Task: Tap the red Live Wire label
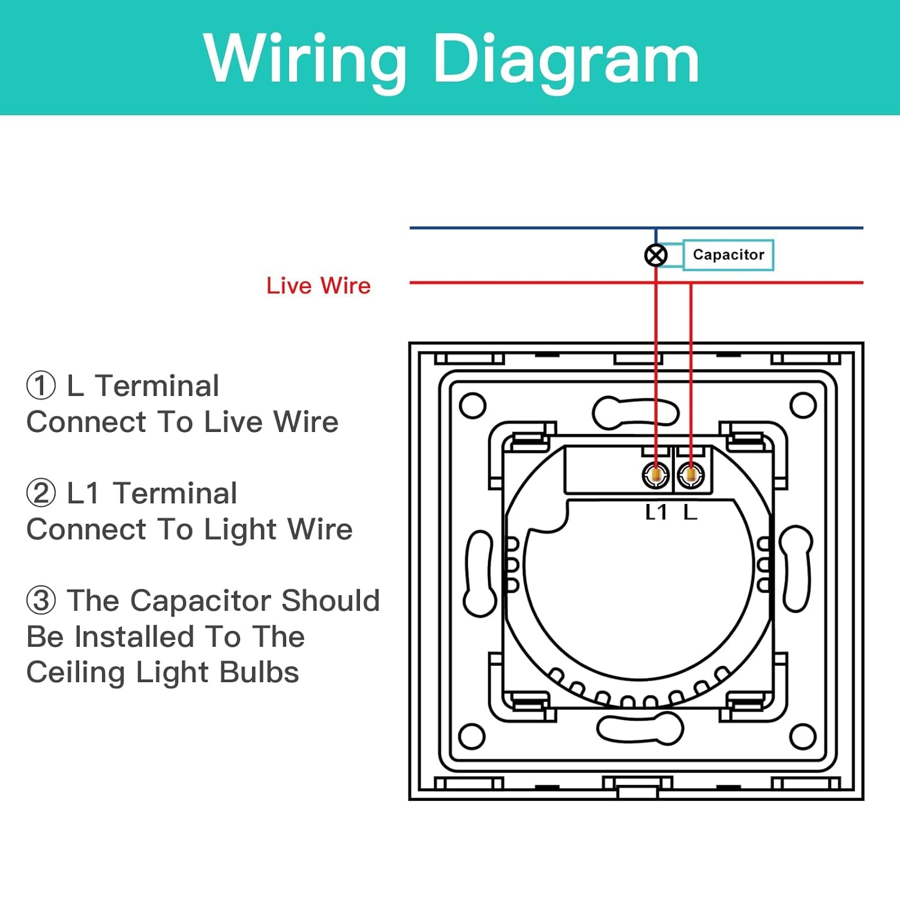[318, 286]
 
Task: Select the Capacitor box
[728, 254]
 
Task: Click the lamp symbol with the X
[655, 255]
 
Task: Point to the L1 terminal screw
[655, 475]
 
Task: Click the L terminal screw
[691, 475]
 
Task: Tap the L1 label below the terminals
[656, 512]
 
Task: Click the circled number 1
[41, 386]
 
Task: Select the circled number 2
[41, 493]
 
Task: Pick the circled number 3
[41, 601]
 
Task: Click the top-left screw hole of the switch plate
[472, 406]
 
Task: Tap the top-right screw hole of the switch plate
[803, 406]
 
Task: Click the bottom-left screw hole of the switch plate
[472, 736]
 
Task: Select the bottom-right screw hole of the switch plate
[803, 736]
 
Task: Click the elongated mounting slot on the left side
[480, 574]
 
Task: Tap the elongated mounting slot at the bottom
[640, 728]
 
